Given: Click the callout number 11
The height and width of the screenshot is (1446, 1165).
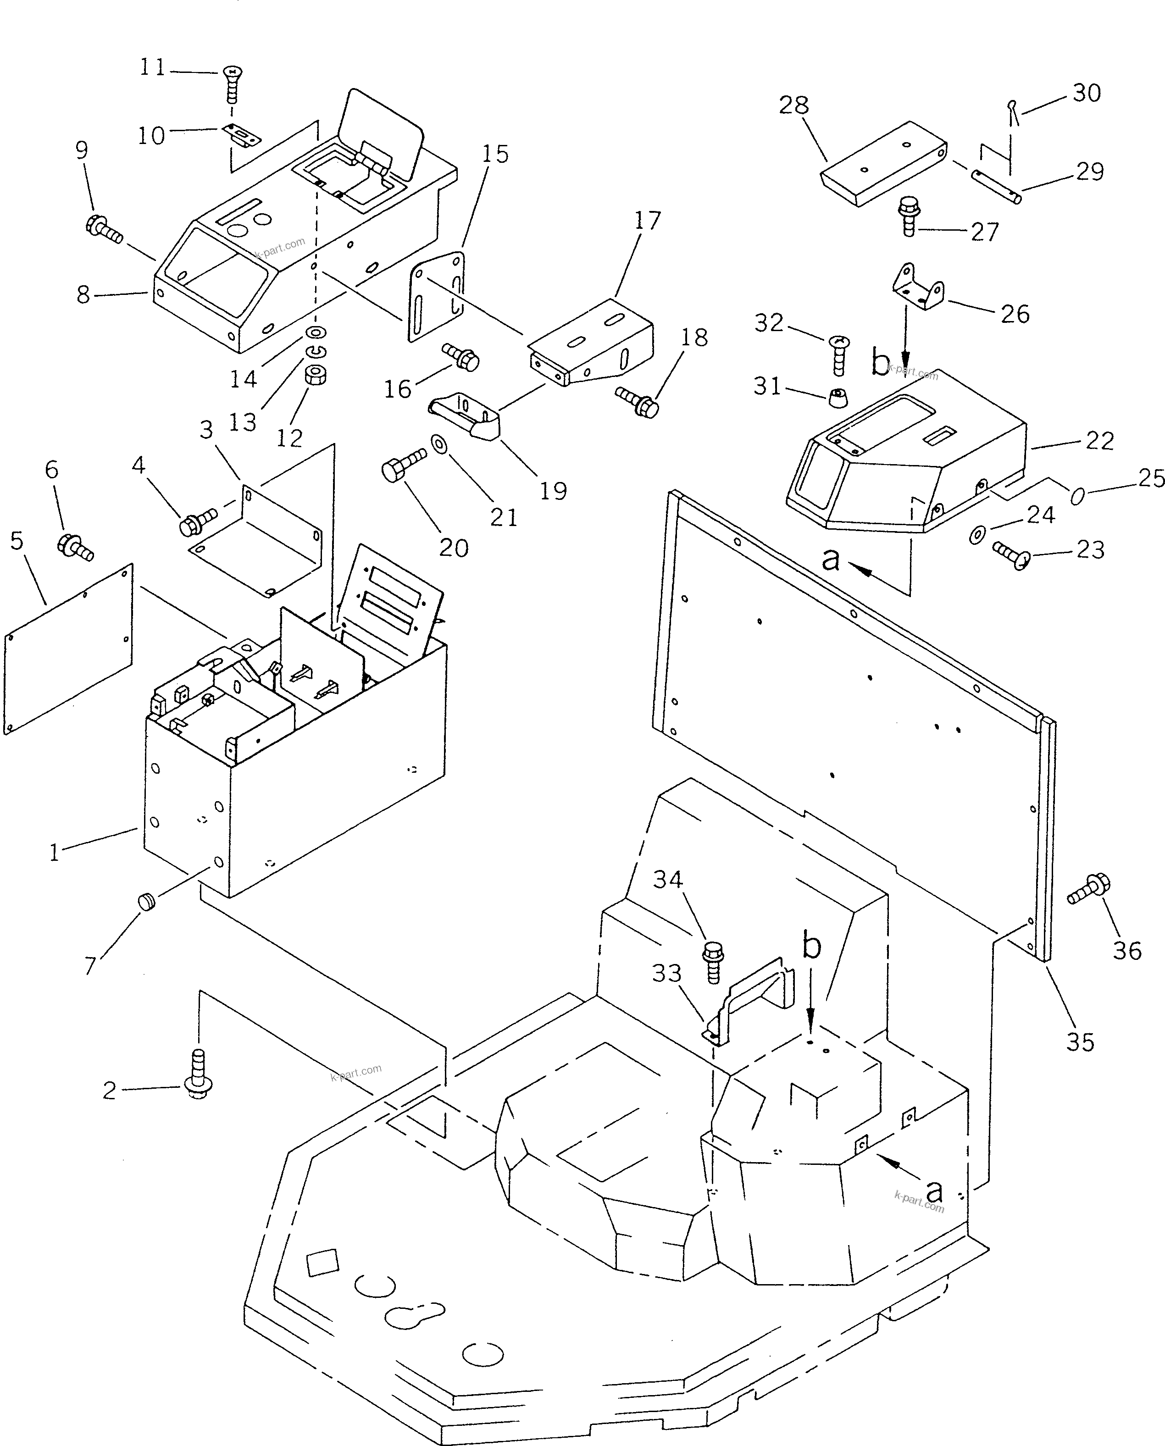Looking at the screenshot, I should pyautogui.click(x=152, y=68).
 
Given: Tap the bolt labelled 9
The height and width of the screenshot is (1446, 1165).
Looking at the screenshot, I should pyautogui.click(x=104, y=229).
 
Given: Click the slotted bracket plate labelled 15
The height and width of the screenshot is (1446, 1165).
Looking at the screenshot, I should pyautogui.click(x=436, y=295).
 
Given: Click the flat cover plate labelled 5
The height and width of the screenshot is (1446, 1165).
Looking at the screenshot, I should pyautogui.click(x=69, y=649).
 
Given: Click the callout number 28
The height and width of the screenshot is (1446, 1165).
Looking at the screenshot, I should pyautogui.click(x=794, y=105).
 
